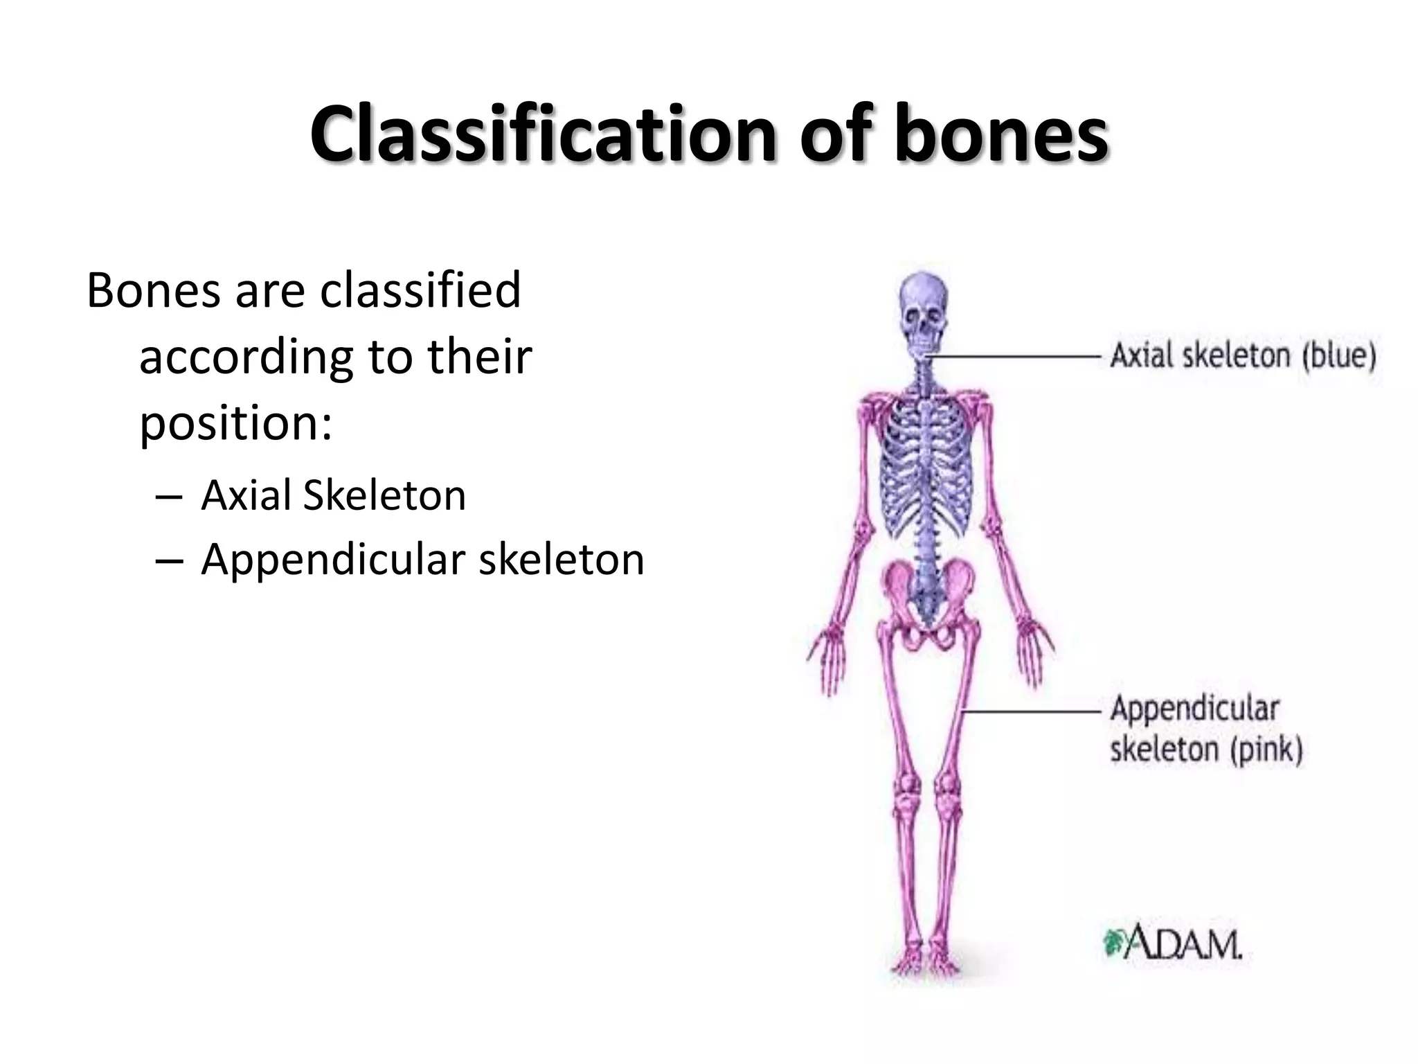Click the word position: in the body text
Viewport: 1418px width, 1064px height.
point(236,423)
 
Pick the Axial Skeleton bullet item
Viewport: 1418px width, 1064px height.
point(333,495)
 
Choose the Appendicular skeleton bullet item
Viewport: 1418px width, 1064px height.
point(422,559)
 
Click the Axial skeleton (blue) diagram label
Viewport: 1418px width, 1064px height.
point(1243,356)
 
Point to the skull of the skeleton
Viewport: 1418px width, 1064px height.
point(923,312)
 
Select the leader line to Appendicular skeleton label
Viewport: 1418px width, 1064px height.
point(1032,711)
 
